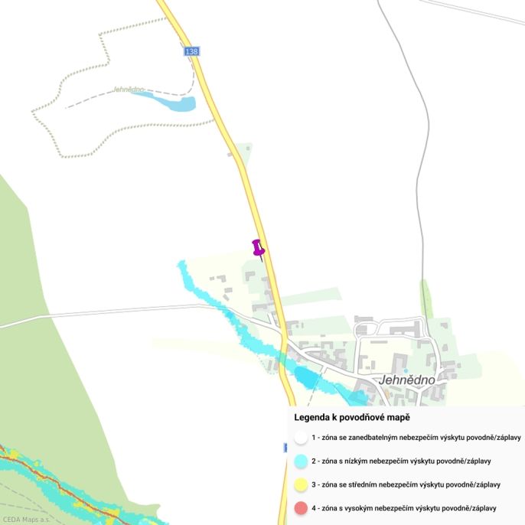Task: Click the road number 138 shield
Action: point(191,51)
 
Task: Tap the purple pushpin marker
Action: point(259,248)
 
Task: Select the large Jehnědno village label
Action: point(407,380)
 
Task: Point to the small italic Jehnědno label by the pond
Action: point(129,90)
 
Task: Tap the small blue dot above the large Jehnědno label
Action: point(406,370)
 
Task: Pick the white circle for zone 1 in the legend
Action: point(301,438)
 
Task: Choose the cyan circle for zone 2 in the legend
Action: point(301,461)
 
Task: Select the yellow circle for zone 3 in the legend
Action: point(301,484)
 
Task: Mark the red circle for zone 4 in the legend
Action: point(301,507)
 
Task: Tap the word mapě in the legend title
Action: point(399,418)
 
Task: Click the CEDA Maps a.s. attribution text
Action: point(26,520)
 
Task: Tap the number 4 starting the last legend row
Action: point(314,507)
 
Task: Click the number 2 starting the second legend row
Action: point(314,461)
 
